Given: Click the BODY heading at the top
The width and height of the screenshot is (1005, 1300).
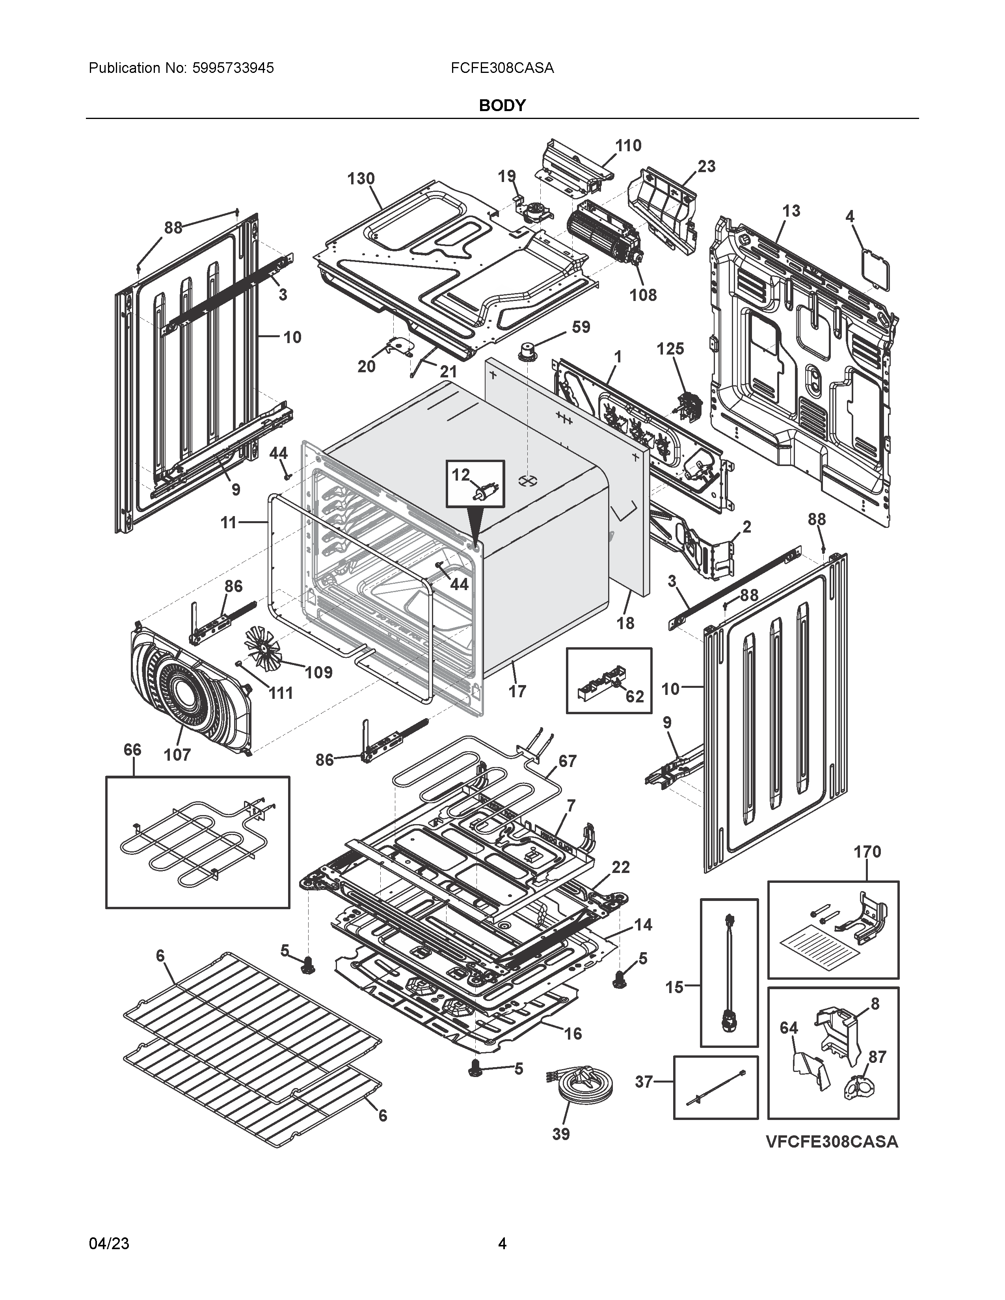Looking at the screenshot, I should click(502, 105).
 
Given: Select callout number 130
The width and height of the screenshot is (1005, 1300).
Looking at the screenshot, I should click(361, 178).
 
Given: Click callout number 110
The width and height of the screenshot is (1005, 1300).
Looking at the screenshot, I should click(628, 145).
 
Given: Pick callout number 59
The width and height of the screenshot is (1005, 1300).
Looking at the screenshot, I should click(581, 327).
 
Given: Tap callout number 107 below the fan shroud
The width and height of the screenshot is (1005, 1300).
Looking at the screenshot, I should click(177, 755).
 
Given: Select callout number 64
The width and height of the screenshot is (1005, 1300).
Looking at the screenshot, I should click(789, 1028).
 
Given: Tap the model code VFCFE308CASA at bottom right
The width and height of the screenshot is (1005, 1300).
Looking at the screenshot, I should click(832, 1141).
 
